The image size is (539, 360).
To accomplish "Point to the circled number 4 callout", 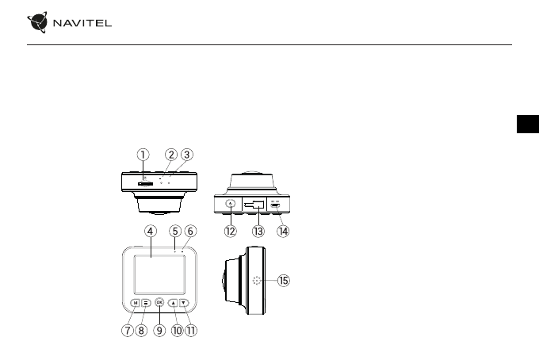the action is pos(150,231).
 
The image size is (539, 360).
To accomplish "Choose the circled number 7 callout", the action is pos(127,331).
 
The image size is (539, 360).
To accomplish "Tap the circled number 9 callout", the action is pos(159,331).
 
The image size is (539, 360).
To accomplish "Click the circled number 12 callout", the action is pos(230,232).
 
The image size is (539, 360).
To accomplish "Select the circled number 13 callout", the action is pos(257,232).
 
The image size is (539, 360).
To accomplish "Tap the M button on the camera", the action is pos(136,302).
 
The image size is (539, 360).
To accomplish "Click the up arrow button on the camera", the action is pos(173,302).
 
